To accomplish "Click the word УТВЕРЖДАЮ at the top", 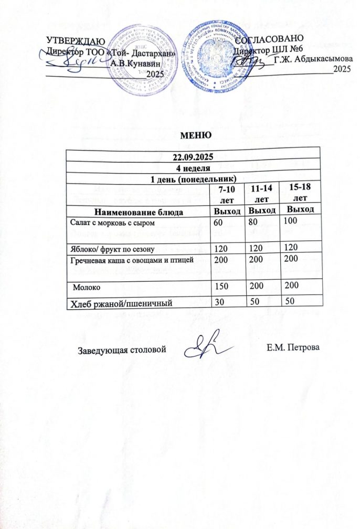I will tap(71, 40).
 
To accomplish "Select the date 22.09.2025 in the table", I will tap(193, 157).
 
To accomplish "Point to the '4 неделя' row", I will tap(193, 168).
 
